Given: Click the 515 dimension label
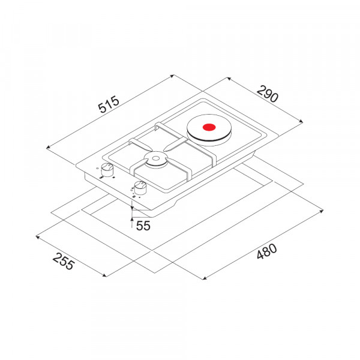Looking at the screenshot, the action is coord(109,104).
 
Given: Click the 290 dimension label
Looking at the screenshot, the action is coord(268,94).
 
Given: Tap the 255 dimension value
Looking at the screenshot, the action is coord(64,261).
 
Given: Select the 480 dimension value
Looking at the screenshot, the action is coord(266,251).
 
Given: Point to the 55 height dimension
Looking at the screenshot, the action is coord(143,226).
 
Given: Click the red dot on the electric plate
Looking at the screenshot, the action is coord(209,127).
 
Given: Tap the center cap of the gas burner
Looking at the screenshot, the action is coord(155,158).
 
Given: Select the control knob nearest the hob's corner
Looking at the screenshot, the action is coord(107,169).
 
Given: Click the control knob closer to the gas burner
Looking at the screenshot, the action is coord(140,187).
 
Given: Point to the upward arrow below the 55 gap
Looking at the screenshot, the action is coord(132,223).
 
